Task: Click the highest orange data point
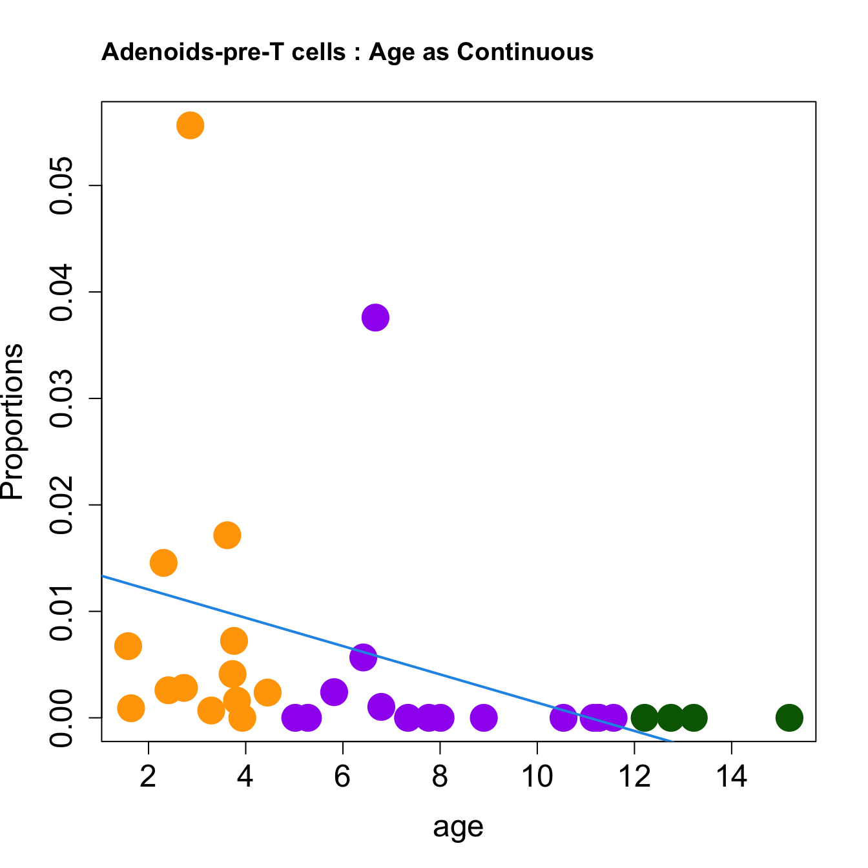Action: point(190,125)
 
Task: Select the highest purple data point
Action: point(375,318)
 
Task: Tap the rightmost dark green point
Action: point(789,718)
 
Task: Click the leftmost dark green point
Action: point(644,718)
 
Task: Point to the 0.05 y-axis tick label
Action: point(63,186)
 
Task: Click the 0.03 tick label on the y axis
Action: point(63,398)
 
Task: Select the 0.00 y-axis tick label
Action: point(63,718)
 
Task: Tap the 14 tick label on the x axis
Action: point(731,776)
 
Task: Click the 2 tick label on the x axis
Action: point(149,776)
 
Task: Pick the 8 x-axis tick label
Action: point(440,776)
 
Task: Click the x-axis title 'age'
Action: point(458,827)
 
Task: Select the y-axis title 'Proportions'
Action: point(13,422)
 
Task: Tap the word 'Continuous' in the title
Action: point(525,52)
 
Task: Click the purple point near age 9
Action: point(483,718)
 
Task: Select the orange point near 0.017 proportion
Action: point(227,535)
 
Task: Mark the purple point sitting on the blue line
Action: point(363,657)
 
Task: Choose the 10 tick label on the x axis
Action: point(537,776)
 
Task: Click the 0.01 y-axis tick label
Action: point(63,611)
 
